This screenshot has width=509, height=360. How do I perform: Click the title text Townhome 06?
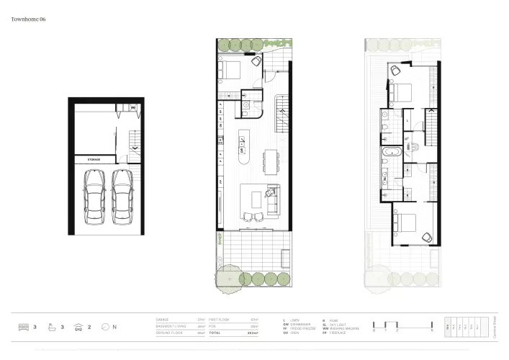click(x=29, y=21)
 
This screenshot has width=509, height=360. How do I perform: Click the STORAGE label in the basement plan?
click(x=94, y=159)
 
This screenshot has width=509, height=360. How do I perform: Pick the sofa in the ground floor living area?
click(x=271, y=201)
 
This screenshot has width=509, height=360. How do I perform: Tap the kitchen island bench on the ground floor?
click(x=243, y=155)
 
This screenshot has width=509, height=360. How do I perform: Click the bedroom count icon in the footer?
click(x=22, y=327)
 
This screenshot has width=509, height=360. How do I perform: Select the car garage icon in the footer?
click(x=78, y=327)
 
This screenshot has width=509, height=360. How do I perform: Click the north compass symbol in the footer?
click(x=105, y=327)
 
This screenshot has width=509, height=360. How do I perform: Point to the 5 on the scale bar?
click(x=431, y=330)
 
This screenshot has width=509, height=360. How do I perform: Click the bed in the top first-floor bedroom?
click(x=400, y=91)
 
